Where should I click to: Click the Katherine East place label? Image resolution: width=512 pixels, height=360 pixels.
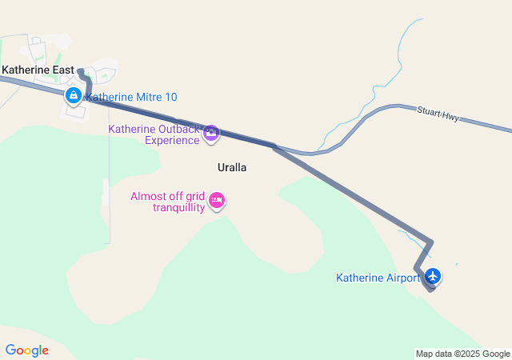coord(38,70)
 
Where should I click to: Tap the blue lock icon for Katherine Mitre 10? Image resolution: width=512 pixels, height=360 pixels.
coord(73,97)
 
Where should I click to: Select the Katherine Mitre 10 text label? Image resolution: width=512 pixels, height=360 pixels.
coord(131,98)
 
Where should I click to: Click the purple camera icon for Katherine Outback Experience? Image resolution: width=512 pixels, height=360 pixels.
coord(211,134)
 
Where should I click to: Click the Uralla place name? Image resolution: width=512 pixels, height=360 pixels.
coord(231,168)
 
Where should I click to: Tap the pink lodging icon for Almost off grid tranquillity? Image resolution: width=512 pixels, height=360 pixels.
coord(216,201)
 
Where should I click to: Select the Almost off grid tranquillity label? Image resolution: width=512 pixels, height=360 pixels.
coord(167,202)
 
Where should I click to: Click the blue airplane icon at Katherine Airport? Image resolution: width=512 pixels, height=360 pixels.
coord(433,276)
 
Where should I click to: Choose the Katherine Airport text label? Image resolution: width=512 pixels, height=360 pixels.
coord(378,278)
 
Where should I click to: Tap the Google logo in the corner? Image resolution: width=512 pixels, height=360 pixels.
coord(26,350)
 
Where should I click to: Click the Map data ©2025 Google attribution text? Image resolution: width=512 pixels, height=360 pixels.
coord(462,354)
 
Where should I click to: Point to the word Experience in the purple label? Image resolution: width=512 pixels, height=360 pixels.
coord(171,141)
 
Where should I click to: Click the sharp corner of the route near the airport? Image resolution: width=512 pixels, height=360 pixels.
coord(432,242)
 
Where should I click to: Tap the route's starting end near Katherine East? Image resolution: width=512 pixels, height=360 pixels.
coord(81,72)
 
